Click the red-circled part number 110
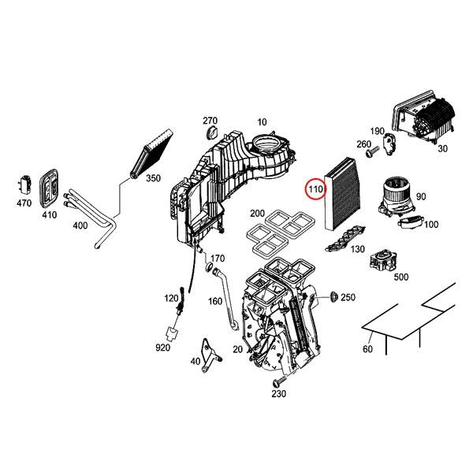pos(315,190)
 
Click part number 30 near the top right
pos(441,148)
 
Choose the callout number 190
pos(377,131)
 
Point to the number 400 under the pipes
pos(80,225)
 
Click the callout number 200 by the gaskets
pos(257,214)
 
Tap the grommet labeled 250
pos(333,296)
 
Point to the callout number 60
pos(367,349)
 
